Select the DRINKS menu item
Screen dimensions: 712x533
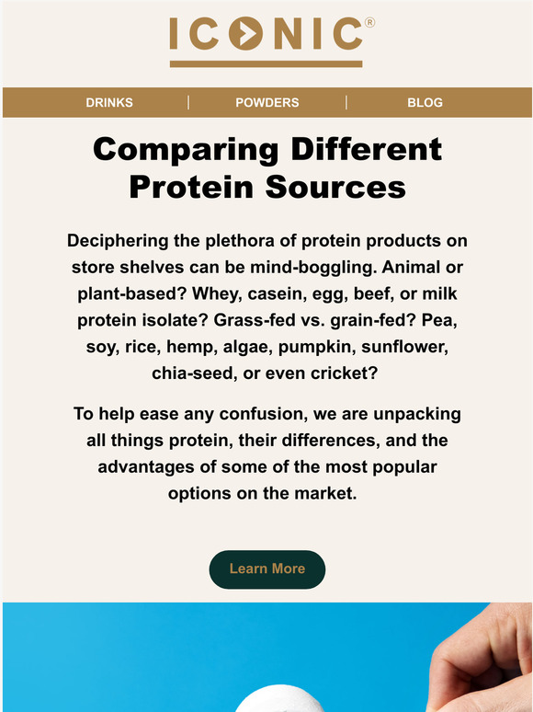109,102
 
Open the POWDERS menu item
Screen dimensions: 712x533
267,102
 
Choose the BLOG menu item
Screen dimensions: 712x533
425,102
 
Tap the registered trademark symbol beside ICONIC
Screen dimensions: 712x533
369,20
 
